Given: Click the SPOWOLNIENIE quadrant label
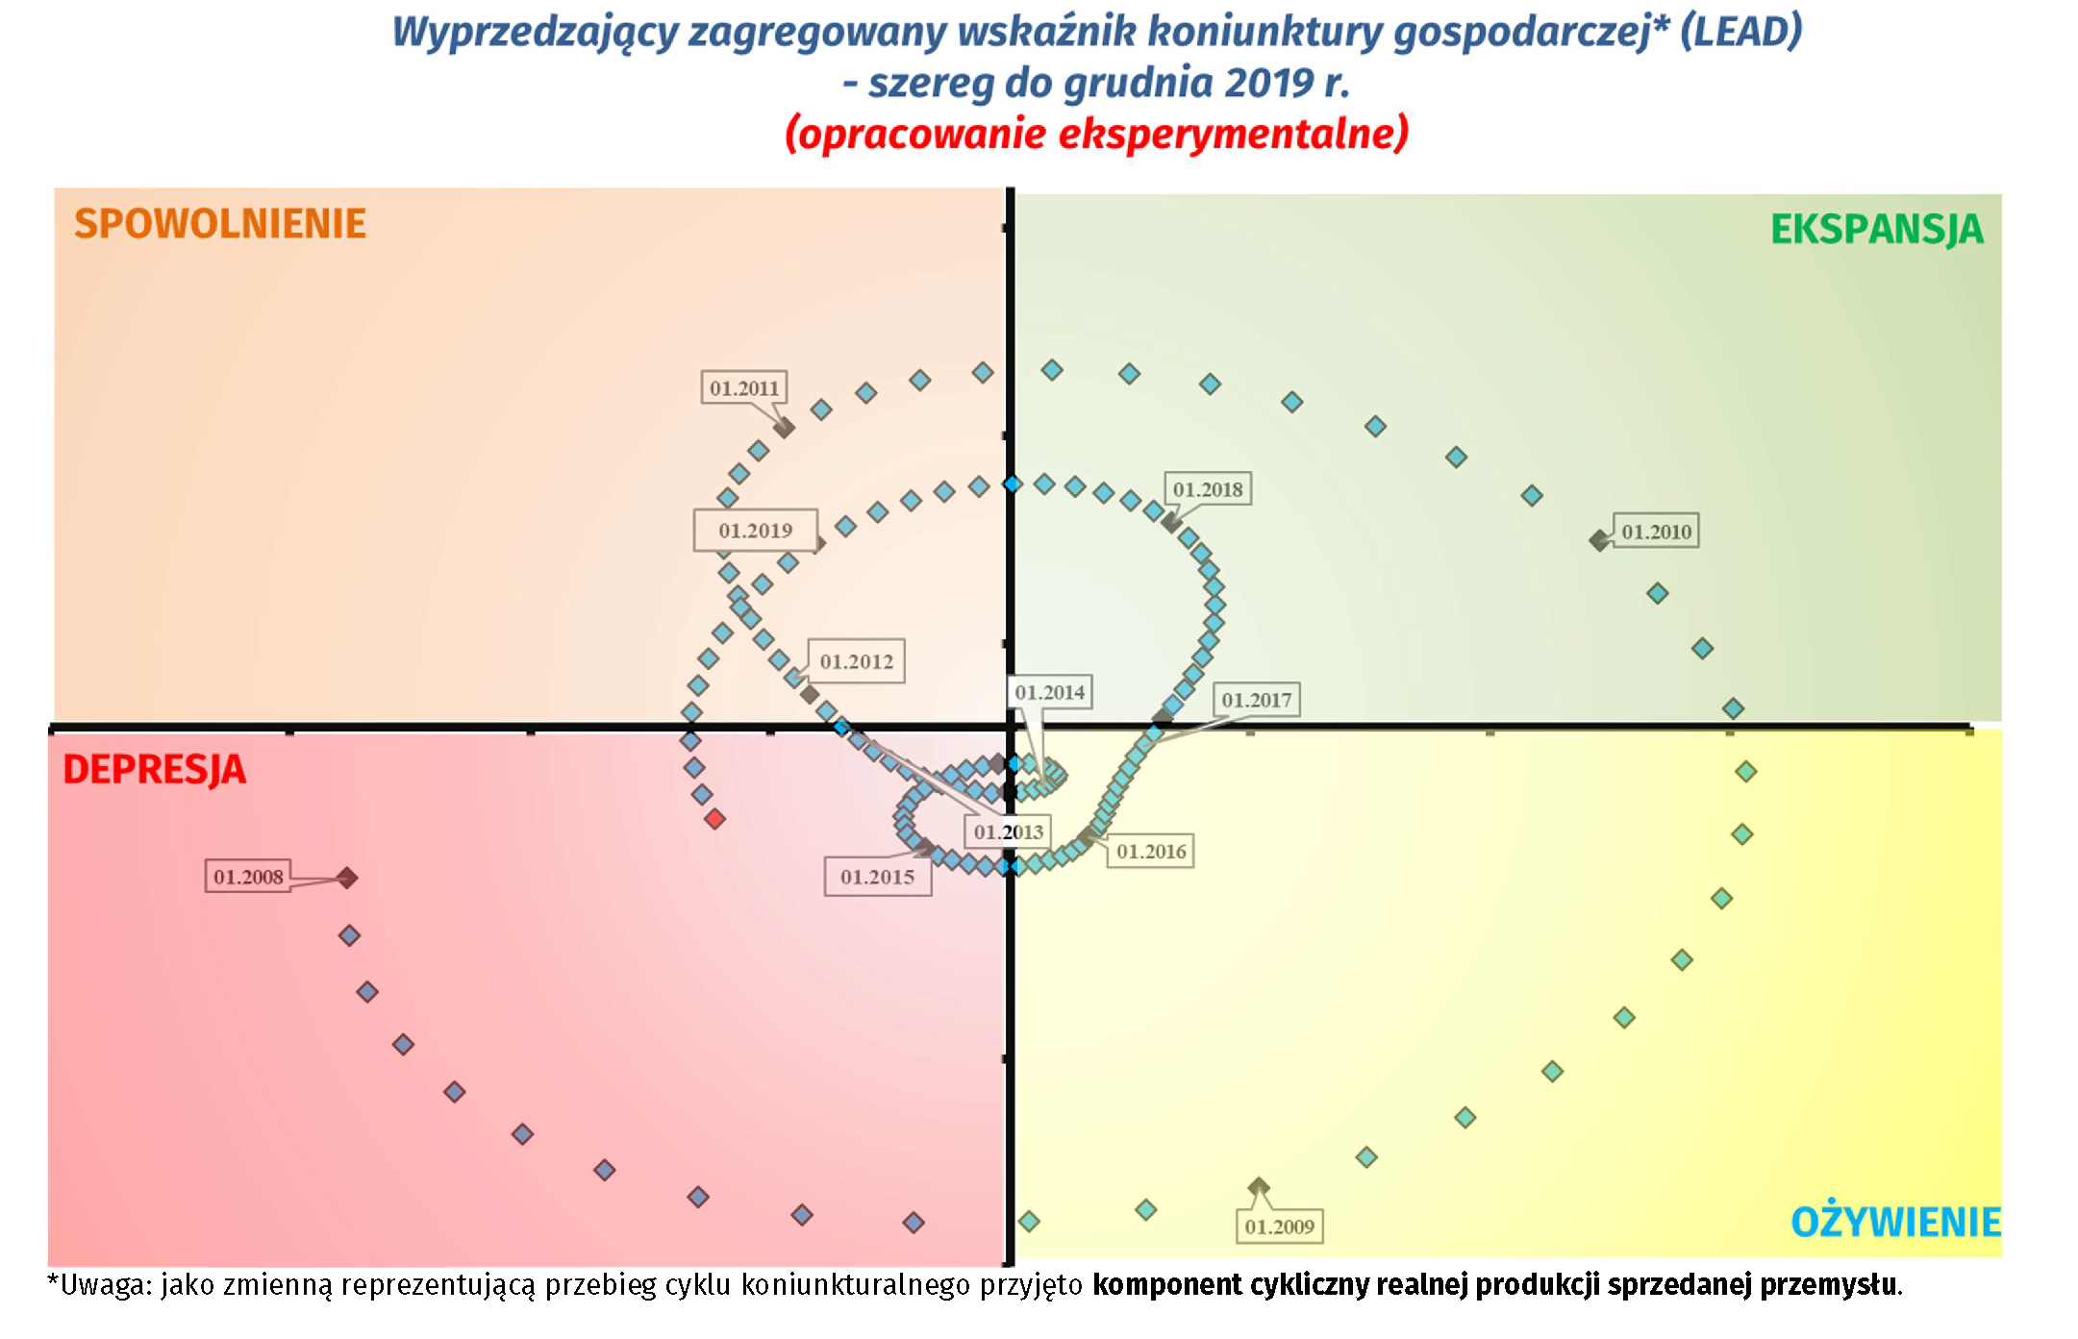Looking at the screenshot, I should coord(220,224).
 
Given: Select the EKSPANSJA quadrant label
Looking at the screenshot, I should coord(1876,230).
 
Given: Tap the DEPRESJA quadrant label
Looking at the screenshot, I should coord(154,770).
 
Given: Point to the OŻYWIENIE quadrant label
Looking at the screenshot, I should coord(1895,1223).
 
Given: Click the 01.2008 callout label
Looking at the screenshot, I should coord(248,877).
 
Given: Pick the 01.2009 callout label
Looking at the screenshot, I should coord(1279,1227).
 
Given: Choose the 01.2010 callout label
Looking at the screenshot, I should coord(1656,532).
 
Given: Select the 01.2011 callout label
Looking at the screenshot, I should coord(743,388).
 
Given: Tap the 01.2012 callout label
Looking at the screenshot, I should coord(856,661).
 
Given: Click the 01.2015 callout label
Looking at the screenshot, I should coord(877,877).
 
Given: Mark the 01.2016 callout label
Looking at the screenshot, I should coord(1151,851).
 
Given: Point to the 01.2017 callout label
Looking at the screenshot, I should coord(1256,700).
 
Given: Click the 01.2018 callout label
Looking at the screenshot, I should coord(1207,489).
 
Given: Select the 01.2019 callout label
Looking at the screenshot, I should coord(755,531).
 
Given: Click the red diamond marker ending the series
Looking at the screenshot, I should coord(714,819).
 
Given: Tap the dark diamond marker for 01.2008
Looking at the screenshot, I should coord(347,878).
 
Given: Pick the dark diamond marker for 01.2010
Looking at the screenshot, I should coord(1599,541).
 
